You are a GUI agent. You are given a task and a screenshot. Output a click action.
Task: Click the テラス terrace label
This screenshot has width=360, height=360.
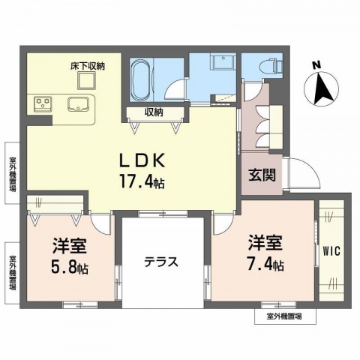coord(160,262)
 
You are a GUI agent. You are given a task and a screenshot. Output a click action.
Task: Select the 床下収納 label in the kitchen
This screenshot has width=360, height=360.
coord(88,66)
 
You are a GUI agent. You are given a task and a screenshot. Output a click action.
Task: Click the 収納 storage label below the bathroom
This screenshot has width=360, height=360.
coord(156,113)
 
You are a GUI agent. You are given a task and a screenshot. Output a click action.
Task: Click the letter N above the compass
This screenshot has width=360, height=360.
coord(316,64)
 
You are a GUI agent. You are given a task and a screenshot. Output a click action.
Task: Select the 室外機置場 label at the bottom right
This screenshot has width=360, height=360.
coord(284,317)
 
